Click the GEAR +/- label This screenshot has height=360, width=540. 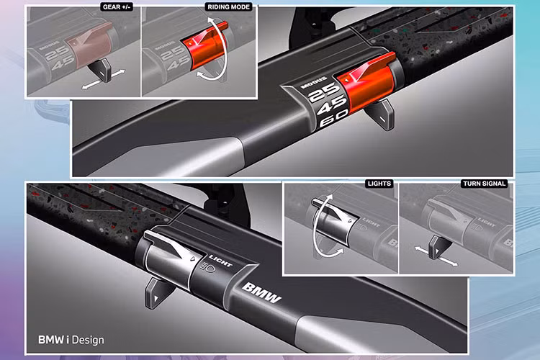click(x=117, y=7)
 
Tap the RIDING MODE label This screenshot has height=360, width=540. click(x=229, y=7)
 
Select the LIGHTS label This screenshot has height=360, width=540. click(x=379, y=184)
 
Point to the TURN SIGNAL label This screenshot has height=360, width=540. click(x=485, y=184)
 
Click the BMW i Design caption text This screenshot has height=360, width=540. click(x=71, y=340)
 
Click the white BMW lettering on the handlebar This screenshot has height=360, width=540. click(x=261, y=292)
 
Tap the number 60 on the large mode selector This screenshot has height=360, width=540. click(x=333, y=120)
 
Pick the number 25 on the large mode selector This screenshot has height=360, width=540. click(x=323, y=92)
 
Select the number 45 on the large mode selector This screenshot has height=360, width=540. click(x=331, y=105)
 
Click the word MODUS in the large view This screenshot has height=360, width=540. click(x=314, y=83)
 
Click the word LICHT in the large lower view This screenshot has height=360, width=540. click(x=221, y=261)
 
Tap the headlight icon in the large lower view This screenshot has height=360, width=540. click(x=208, y=266)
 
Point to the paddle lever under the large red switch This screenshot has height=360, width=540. click(x=381, y=114)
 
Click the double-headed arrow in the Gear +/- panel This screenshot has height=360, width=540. click(x=103, y=80)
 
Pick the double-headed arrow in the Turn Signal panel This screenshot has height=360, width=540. click(x=436, y=256)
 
